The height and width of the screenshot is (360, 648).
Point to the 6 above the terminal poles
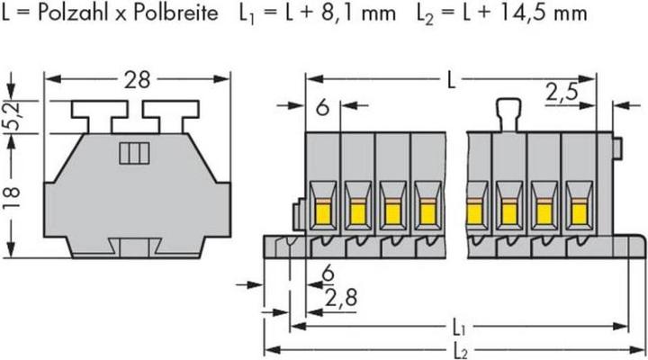pos(323,110)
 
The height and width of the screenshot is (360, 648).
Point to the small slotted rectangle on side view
pos(132,152)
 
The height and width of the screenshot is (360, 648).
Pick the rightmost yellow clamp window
pos(576,211)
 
